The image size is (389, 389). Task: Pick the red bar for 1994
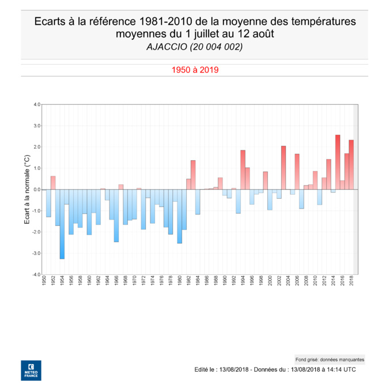click(243, 170)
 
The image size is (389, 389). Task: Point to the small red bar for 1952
click(53, 183)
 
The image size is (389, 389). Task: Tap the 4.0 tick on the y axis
click(36, 105)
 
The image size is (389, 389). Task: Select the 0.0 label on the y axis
click(36, 190)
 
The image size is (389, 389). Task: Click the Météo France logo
click(31, 371)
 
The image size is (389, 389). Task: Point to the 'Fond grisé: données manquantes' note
click(329, 358)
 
